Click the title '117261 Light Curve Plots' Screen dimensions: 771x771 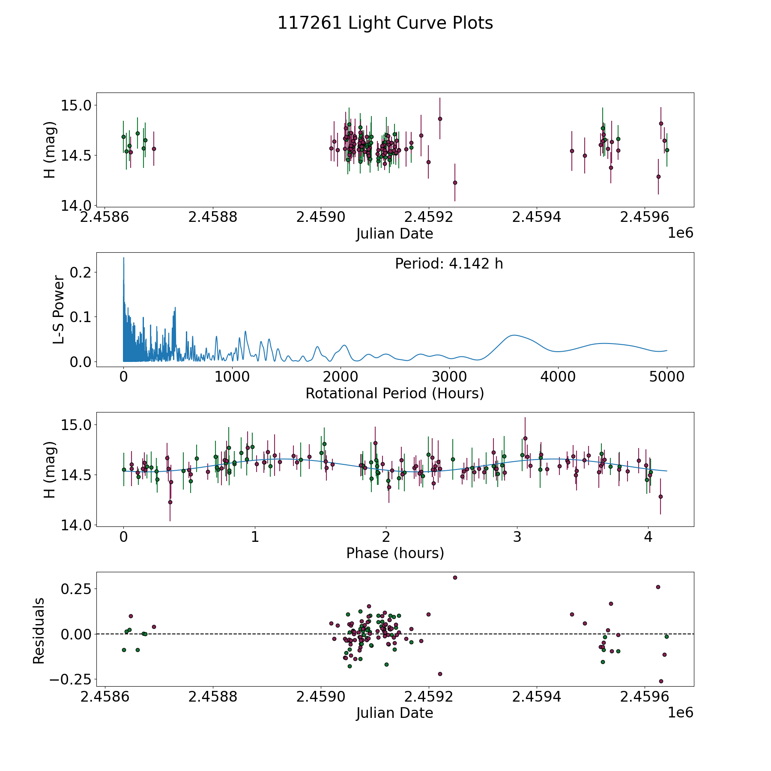point(385,23)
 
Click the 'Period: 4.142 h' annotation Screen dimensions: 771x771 point(449,264)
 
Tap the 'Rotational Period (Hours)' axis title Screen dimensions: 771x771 point(394,393)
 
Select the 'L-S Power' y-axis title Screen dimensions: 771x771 point(59,310)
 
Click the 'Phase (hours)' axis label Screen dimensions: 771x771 point(395,553)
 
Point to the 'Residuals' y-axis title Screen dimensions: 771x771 point(39,631)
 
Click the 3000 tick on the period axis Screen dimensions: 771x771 point(449,377)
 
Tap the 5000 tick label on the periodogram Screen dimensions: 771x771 point(666,377)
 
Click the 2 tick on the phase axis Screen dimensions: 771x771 point(386,537)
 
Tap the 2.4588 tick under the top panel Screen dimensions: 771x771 point(212,217)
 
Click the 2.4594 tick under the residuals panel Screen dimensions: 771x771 point(537,697)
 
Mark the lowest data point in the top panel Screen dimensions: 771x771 point(455,182)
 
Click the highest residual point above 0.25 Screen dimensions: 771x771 point(455,577)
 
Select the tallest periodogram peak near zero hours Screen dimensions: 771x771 point(124,258)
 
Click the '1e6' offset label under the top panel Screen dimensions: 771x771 point(680,233)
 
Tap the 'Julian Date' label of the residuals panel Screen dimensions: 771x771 point(394,713)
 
